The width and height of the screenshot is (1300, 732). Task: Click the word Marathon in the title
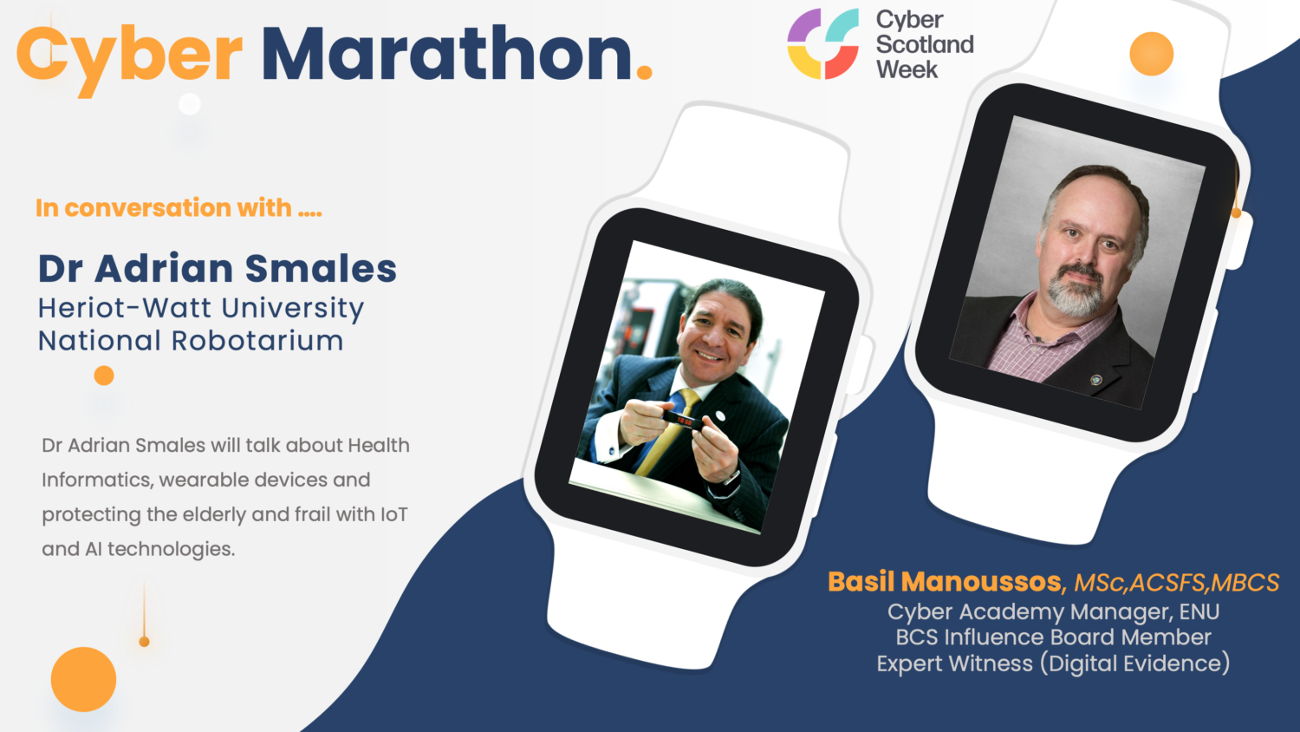point(446,54)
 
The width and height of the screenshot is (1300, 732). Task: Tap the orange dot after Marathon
point(644,74)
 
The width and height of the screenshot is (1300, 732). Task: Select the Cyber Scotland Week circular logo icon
point(822,43)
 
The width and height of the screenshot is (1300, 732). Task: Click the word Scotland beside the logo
point(925,44)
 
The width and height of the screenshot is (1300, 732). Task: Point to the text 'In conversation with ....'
point(179,208)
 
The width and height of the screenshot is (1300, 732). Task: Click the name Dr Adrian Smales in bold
point(217,269)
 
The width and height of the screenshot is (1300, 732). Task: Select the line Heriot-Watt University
point(200,308)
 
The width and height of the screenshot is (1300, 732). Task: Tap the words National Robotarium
point(191,341)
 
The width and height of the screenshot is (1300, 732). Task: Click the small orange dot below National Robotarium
point(104,376)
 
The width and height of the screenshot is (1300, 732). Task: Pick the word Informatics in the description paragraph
point(95,480)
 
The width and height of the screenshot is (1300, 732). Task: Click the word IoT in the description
point(393,514)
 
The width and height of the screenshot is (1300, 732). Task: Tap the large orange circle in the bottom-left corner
point(83,679)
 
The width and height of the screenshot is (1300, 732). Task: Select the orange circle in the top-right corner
point(1151,54)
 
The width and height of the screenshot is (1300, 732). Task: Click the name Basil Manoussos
point(945,581)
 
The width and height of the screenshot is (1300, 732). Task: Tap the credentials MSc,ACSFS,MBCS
point(1176,583)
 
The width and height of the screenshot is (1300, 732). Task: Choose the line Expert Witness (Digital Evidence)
point(1053,663)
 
